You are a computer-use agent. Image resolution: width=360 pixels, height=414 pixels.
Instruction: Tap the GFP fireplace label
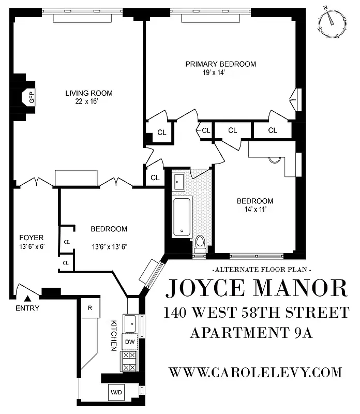point(31,96)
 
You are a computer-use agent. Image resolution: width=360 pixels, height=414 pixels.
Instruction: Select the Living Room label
point(88,94)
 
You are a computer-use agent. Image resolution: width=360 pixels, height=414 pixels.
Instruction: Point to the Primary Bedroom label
point(221,64)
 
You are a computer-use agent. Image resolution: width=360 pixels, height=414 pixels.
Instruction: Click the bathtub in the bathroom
point(181,217)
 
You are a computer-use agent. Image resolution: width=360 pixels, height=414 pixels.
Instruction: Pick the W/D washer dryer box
point(116,393)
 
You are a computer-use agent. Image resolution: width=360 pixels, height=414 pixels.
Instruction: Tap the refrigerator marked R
point(89,308)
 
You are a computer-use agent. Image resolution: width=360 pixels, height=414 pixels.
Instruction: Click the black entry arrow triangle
point(28,299)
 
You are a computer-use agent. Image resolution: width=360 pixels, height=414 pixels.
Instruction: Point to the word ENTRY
point(27,309)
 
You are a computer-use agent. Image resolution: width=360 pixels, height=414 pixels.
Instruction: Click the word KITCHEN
point(114,335)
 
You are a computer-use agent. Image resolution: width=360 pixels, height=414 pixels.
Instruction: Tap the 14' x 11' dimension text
point(255,210)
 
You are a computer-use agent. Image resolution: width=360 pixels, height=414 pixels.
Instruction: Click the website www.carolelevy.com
point(256,372)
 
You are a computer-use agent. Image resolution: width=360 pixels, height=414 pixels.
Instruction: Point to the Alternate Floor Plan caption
point(262,270)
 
